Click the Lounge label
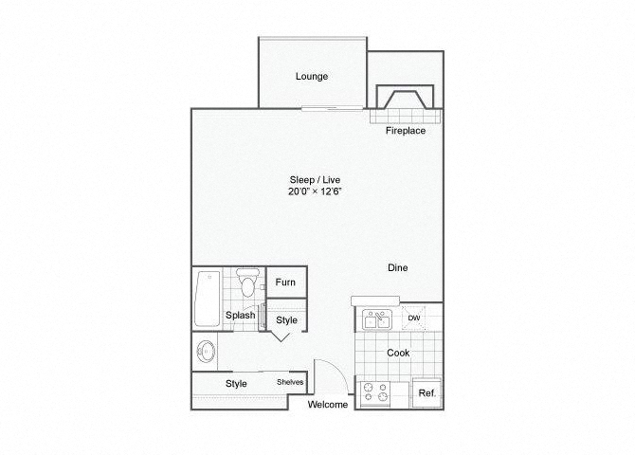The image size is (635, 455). pyautogui.click(x=312, y=76)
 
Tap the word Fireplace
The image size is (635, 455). pyautogui.click(x=406, y=131)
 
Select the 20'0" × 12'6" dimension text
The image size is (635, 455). pyautogui.click(x=315, y=191)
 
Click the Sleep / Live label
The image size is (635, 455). pyautogui.click(x=315, y=179)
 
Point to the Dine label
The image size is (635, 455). pyautogui.click(x=398, y=267)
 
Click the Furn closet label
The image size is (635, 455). pyautogui.click(x=285, y=282)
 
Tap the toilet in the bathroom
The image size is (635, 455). pyautogui.click(x=247, y=282)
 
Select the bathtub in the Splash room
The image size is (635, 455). pyautogui.click(x=208, y=299)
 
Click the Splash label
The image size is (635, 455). pyautogui.click(x=240, y=315)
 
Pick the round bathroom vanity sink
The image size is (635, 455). pyautogui.click(x=206, y=352)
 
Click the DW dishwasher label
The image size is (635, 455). pyautogui.click(x=414, y=318)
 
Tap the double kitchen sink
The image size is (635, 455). pyautogui.click(x=377, y=319)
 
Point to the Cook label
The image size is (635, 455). pyautogui.click(x=398, y=353)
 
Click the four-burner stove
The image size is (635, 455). pyautogui.click(x=375, y=392)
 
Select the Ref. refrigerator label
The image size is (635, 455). pyautogui.click(x=427, y=392)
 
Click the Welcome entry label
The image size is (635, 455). pyautogui.click(x=328, y=405)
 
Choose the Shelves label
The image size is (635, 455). pyautogui.click(x=290, y=382)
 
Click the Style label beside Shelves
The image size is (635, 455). pyautogui.click(x=236, y=383)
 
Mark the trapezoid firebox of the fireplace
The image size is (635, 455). pyautogui.click(x=405, y=100)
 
